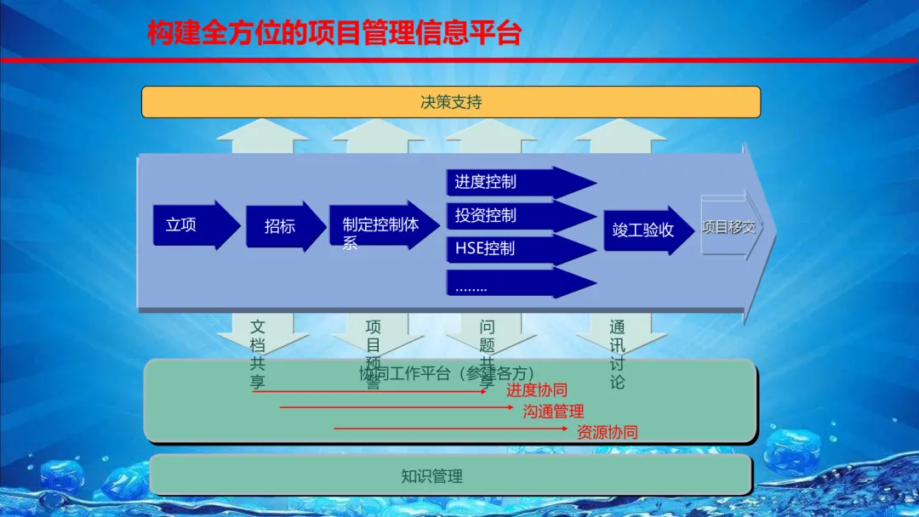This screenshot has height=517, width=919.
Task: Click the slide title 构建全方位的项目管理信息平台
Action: click(334, 33)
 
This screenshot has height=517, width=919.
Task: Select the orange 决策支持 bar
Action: click(450, 102)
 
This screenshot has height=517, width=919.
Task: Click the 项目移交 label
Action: click(728, 227)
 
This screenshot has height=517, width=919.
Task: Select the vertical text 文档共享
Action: click(258, 354)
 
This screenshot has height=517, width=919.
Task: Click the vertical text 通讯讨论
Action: click(617, 354)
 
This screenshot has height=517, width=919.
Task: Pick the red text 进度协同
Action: click(536, 390)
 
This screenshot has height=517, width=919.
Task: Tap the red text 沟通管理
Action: click(553, 412)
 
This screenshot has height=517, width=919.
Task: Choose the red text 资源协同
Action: click(607, 432)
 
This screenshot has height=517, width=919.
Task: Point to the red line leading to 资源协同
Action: click(451, 429)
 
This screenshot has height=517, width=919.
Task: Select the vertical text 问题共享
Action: click(487, 354)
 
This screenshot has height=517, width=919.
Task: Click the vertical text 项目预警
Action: click(373, 354)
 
